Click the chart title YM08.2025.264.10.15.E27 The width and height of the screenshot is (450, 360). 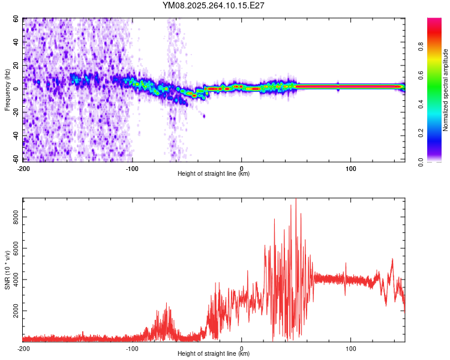point(214,5)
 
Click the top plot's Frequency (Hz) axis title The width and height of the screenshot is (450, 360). point(8,90)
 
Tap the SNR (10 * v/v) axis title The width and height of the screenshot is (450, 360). point(8,269)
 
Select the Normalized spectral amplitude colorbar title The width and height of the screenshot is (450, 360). point(446,90)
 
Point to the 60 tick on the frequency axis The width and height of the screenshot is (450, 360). point(16,19)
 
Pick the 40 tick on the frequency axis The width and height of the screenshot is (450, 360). point(16,43)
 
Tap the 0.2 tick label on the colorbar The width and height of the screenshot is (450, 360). point(421,133)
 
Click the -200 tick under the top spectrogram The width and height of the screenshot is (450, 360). point(23,168)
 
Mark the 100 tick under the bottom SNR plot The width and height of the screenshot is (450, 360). point(351,348)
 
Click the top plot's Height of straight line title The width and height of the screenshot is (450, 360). point(214,174)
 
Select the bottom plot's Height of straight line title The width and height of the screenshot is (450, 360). point(214,354)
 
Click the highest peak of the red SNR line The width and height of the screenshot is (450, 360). point(296,199)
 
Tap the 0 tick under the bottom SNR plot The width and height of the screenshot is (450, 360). point(242,348)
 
